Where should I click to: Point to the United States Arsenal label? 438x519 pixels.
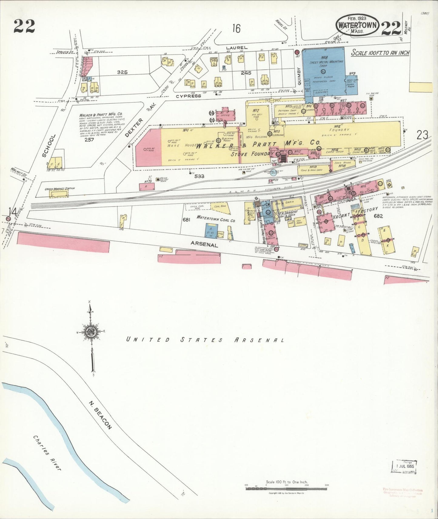click(x=205, y=340)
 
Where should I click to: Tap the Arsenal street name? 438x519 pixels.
click(x=204, y=244)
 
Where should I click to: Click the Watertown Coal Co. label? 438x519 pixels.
click(x=216, y=219)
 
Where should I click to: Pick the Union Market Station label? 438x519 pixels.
click(x=60, y=189)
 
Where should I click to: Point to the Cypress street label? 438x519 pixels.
click(x=189, y=96)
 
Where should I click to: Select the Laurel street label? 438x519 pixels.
click(x=237, y=48)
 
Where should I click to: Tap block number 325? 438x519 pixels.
click(x=122, y=72)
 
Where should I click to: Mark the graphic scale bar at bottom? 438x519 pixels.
click(x=286, y=488)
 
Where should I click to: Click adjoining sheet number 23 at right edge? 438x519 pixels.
click(x=422, y=135)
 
